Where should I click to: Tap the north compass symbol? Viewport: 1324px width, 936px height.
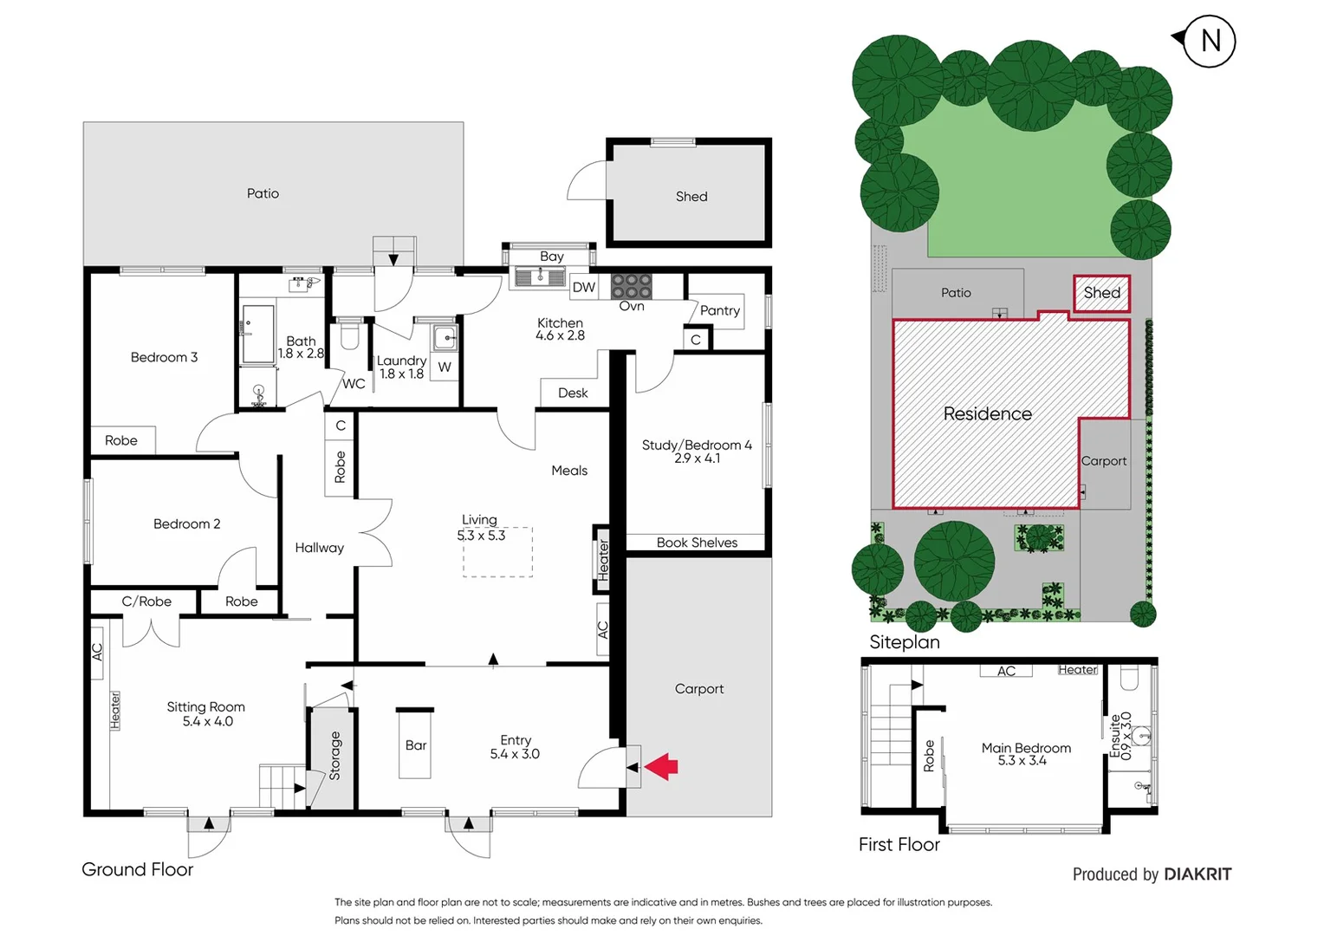click(1209, 41)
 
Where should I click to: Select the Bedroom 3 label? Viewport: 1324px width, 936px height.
click(164, 357)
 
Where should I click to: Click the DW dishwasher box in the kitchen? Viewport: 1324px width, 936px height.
click(584, 288)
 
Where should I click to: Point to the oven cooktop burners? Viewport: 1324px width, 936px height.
click(632, 286)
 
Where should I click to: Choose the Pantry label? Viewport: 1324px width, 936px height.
click(720, 310)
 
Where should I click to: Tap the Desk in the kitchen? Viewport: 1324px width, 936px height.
click(573, 393)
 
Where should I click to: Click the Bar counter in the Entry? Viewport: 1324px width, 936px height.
click(415, 744)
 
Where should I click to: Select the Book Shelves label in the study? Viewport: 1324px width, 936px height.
click(697, 543)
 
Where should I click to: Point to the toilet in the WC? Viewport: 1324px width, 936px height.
click(350, 335)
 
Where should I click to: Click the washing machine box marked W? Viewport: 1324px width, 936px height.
click(445, 367)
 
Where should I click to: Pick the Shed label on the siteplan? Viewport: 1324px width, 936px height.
click(1101, 293)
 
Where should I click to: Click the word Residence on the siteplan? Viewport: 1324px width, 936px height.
click(987, 414)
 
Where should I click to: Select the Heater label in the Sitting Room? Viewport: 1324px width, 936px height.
click(115, 710)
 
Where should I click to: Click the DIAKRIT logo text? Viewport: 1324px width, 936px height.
click(1197, 874)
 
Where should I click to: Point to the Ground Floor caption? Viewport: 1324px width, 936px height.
click(137, 869)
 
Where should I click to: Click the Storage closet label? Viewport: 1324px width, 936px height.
click(335, 756)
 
